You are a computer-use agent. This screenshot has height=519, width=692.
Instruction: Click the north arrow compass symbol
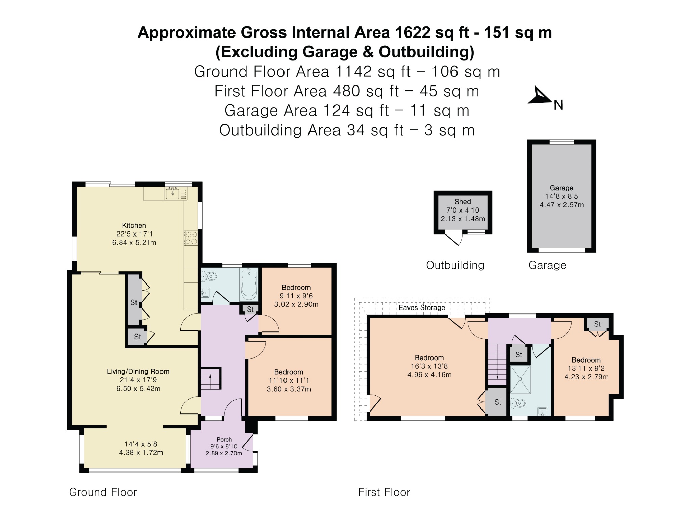coord(539,96)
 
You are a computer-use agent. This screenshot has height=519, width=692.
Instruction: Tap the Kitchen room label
coord(134,225)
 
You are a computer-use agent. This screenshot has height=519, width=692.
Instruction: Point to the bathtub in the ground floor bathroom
coord(249,284)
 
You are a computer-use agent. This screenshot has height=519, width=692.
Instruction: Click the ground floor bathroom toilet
coord(208,277)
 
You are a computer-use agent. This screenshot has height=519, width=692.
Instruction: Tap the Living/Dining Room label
coord(138,371)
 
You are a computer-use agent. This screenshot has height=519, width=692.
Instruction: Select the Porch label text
coord(224,439)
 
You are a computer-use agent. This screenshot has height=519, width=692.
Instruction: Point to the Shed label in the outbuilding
coord(463,202)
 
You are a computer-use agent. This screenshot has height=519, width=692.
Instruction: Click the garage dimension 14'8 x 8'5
coord(562,196)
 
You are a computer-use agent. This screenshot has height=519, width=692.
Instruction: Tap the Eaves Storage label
coord(422,307)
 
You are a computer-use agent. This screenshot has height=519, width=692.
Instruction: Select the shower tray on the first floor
coord(520,379)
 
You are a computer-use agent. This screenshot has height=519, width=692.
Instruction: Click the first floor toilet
coord(518,403)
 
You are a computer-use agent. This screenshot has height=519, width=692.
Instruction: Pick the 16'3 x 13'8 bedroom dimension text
coord(429,366)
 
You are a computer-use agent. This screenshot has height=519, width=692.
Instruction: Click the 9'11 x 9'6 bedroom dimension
coord(296,296)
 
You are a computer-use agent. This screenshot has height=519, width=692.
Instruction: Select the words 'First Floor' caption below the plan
coord(384,492)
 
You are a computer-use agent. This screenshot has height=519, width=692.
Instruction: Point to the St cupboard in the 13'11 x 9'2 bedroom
coord(597,324)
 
